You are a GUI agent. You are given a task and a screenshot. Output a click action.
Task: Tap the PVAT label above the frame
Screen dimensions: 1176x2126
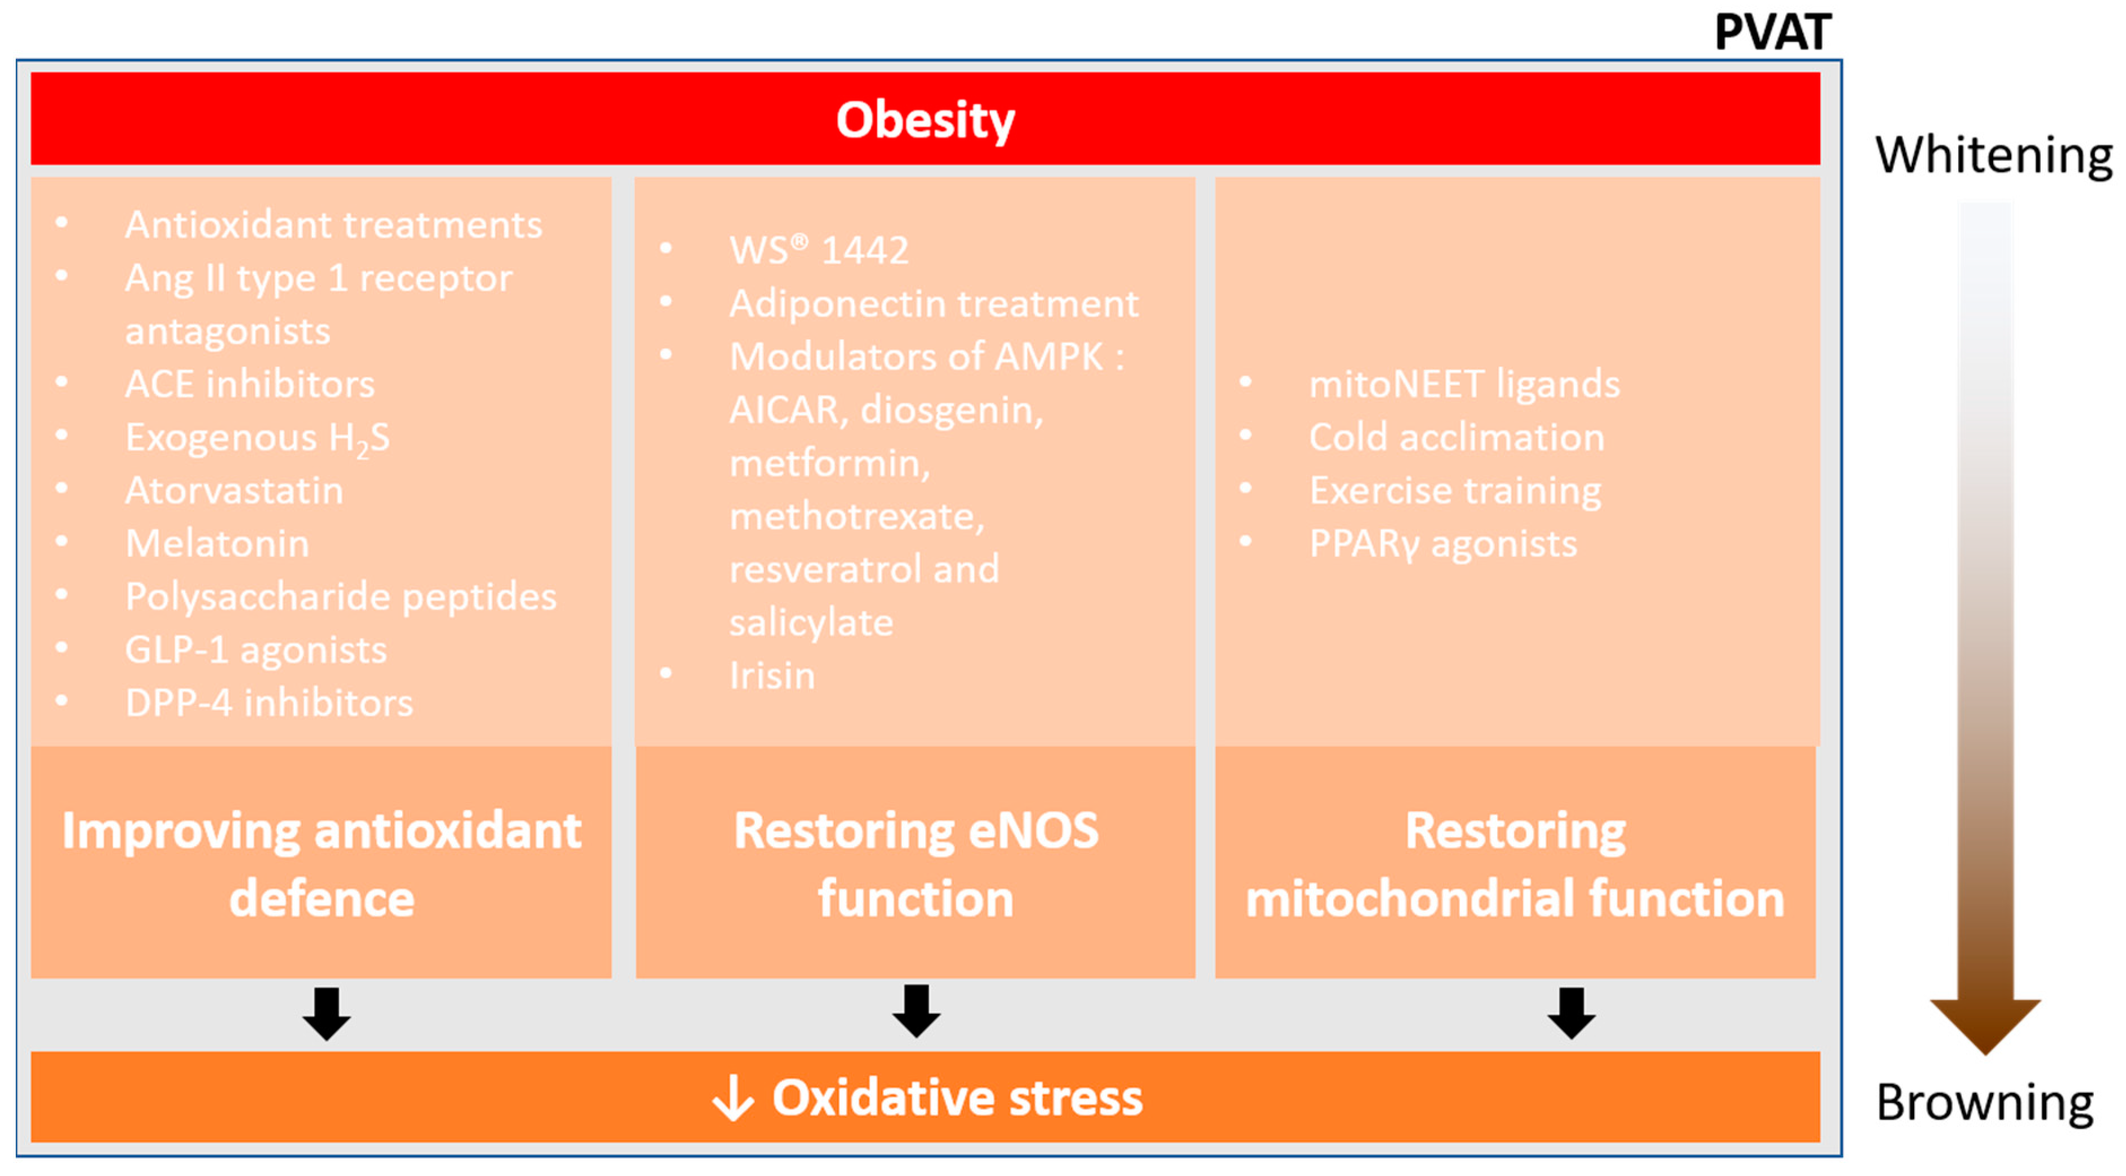pos(1772,33)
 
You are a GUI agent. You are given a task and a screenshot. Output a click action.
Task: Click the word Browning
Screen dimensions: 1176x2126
pos(1984,1103)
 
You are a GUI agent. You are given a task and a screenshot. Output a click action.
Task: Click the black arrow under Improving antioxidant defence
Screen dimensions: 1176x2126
pos(327,1013)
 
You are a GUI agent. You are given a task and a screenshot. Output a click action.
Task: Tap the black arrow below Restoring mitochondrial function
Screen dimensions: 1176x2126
pos(1571,1013)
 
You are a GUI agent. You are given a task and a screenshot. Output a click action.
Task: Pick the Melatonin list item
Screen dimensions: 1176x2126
pos(217,544)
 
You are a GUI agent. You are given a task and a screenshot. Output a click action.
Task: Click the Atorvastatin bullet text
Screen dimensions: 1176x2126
pos(233,491)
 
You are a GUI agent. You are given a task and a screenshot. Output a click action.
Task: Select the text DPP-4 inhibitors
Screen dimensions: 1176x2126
pos(268,703)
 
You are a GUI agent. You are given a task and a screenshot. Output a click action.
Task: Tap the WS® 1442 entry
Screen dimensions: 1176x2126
pos(818,250)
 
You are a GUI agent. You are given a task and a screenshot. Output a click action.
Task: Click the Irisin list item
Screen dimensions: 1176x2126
pos(772,676)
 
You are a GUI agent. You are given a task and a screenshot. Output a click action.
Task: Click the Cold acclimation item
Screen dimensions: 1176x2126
pos(1457,437)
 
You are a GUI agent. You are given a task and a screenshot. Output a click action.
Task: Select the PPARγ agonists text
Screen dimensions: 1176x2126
pos(1442,545)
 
